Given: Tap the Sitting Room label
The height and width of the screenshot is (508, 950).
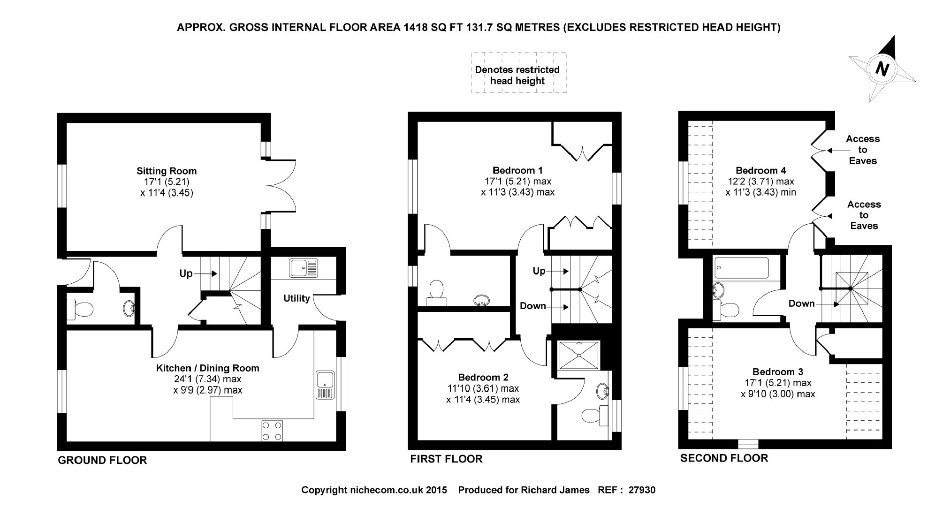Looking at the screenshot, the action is tap(167, 171).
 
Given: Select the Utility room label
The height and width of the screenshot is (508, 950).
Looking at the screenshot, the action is tap(296, 298).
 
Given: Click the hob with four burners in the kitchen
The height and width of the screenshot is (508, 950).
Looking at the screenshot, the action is tap(272, 431).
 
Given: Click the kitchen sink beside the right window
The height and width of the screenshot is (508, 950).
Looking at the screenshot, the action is tap(325, 385).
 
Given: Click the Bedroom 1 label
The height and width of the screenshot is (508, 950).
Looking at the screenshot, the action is tap(517, 170).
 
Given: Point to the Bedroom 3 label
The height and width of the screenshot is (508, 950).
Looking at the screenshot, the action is tap(778, 372).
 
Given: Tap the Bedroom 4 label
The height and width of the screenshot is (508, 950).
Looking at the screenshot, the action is tap(760, 170).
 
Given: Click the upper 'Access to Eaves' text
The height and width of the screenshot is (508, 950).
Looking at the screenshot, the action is tap(862, 150).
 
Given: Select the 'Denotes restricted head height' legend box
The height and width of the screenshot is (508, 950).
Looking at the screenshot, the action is tap(518, 73).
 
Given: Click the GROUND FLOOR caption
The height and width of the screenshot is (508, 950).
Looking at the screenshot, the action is tap(102, 461).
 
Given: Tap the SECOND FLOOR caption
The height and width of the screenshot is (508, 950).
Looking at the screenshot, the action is tap(724, 458).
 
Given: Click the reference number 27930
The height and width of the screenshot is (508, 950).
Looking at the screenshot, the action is tap(642, 490).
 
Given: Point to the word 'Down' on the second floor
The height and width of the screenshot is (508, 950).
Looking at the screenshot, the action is tap(801, 303).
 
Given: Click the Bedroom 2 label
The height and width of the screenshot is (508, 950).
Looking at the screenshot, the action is tap(483, 378).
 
